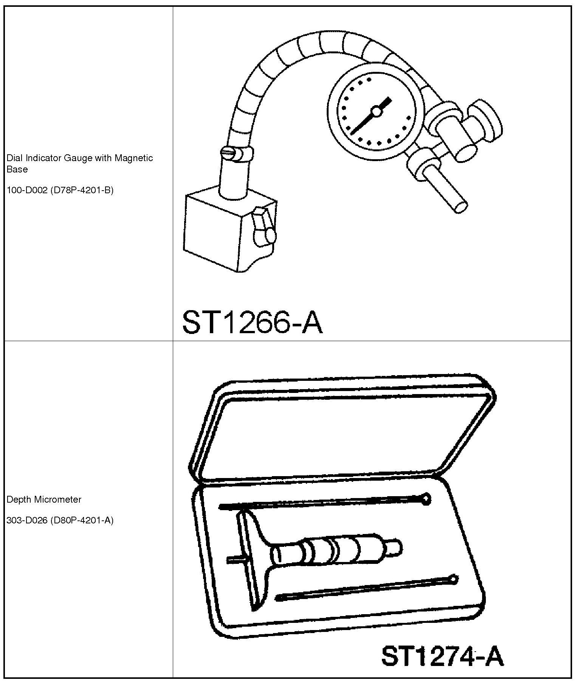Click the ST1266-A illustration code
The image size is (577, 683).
(252, 322)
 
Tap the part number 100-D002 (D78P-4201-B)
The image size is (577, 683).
(60, 190)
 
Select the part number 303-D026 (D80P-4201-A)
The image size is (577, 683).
(60, 520)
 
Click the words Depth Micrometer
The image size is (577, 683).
(44, 499)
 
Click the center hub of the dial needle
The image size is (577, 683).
(376, 111)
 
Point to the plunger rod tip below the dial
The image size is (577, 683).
(461, 206)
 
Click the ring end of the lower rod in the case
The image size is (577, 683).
(454, 578)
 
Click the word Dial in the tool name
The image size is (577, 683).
(14, 158)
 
